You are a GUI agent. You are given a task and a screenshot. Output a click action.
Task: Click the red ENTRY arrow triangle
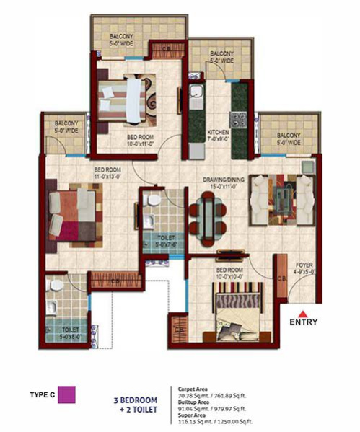[305, 312]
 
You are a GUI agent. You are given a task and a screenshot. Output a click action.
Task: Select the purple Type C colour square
[67, 394]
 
